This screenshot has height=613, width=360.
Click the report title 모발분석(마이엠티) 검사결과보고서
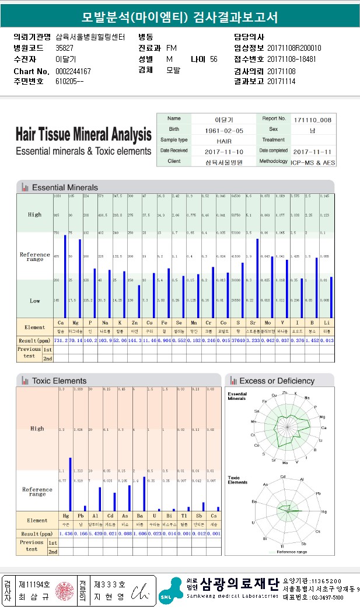[180, 16]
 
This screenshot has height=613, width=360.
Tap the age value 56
[214, 60]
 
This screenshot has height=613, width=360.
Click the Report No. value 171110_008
[312, 119]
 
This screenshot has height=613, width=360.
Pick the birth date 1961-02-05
[223, 130]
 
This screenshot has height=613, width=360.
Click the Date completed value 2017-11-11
[312, 151]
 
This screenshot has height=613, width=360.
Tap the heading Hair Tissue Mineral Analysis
[83, 135]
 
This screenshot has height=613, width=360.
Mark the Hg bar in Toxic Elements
[70, 484]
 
